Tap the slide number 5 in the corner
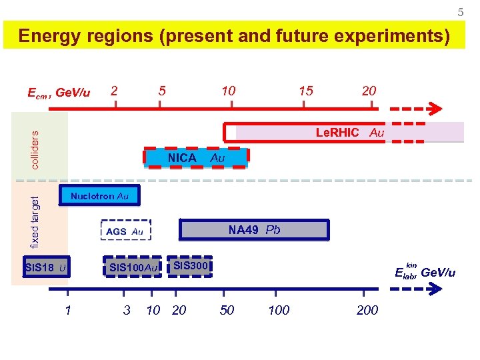(x=460, y=12)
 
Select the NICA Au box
(x=196, y=158)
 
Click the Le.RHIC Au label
(x=349, y=133)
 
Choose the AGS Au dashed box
(x=125, y=231)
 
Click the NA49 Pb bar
(x=254, y=230)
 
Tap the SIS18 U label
(x=45, y=268)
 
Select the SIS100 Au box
(x=133, y=268)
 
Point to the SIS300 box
(x=191, y=267)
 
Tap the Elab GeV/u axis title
(x=425, y=272)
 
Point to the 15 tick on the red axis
(x=305, y=91)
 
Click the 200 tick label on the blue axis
(x=367, y=310)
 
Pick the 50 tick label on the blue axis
(x=227, y=310)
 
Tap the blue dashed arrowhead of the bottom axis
(x=436, y=289)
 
